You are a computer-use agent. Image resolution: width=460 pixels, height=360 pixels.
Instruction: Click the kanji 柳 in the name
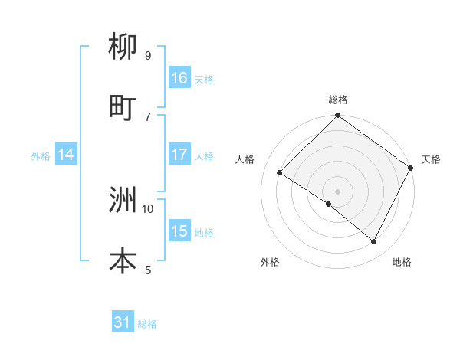(123, 49)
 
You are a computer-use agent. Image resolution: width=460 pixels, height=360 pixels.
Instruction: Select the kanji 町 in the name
(123, 108)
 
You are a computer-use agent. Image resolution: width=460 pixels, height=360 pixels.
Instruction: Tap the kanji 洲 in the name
(123, 201)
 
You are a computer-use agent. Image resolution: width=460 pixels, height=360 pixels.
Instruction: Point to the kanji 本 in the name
(123, 260)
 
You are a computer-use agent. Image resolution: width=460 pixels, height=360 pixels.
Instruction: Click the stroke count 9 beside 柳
(148, 56)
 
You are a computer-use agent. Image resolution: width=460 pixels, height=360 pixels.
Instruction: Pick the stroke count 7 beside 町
(148, 116)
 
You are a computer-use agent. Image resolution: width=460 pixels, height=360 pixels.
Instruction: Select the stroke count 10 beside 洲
(148, 208)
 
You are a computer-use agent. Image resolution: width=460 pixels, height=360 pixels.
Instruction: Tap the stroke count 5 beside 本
(148, 269)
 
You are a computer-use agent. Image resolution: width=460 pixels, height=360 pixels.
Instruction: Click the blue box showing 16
(179, 78)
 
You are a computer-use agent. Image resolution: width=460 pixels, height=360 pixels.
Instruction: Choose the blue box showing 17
(179, 155)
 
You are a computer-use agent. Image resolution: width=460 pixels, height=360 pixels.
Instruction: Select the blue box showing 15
(179, 231)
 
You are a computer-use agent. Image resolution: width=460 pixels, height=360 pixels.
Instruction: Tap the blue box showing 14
(66, 155)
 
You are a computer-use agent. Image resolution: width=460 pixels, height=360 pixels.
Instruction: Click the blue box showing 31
(123, 323)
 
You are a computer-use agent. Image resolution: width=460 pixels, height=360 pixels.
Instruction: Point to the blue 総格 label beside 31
(147, 325)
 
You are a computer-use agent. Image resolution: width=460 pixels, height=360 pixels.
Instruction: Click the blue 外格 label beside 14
(41, 156)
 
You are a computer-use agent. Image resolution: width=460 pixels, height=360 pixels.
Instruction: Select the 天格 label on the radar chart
(431, 159)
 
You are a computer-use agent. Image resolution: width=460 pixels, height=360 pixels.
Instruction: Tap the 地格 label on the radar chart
(402, 262)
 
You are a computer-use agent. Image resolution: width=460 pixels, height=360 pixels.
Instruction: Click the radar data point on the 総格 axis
(337, 116)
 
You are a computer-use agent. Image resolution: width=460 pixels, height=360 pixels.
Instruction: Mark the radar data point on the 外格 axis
(329, 204)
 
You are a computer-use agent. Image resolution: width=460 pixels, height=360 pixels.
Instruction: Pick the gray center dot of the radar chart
(337, 191)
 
